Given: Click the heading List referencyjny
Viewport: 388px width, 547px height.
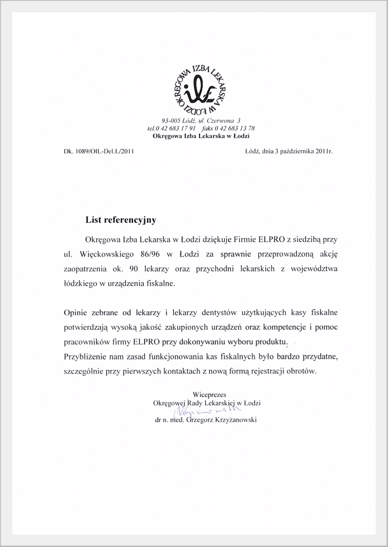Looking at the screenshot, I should (x=121, y=220).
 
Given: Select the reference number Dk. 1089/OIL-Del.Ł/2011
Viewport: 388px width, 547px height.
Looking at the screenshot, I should (x=99, y=151).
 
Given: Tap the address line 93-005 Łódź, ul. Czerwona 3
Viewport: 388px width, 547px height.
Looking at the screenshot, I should (x=201, y=120).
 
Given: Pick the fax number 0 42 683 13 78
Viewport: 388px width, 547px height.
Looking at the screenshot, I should (x=236, y=128).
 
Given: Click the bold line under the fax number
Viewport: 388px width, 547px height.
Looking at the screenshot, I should (x=201, y=136).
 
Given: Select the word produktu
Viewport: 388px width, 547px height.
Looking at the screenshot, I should (x=271, y=341).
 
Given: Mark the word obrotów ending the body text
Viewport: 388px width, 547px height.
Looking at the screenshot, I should (x=301, y=371).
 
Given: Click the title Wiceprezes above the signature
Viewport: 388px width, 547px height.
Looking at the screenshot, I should (x=207, y=395).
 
